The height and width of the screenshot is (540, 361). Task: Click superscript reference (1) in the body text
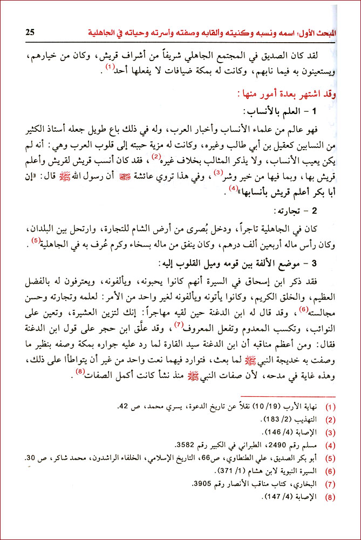point(111,67)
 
